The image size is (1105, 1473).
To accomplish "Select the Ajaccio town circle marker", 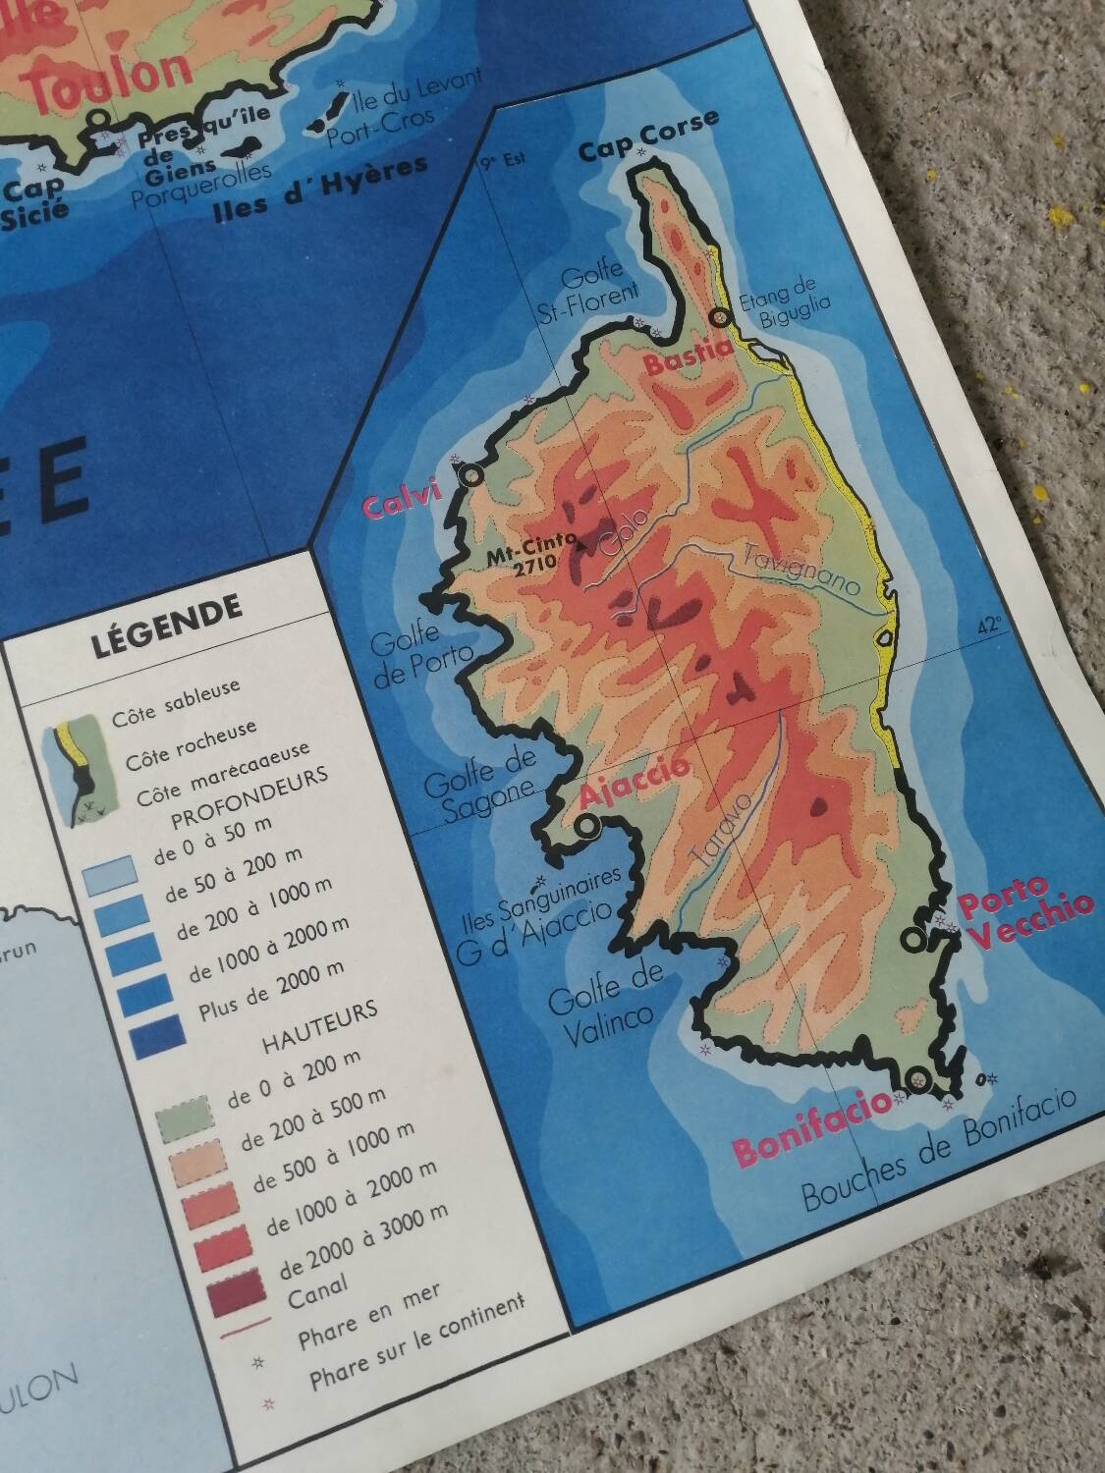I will [x=587, y=827].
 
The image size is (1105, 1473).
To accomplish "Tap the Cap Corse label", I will [x=648, y=137].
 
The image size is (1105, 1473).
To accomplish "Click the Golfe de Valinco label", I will [x=605, y=994].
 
